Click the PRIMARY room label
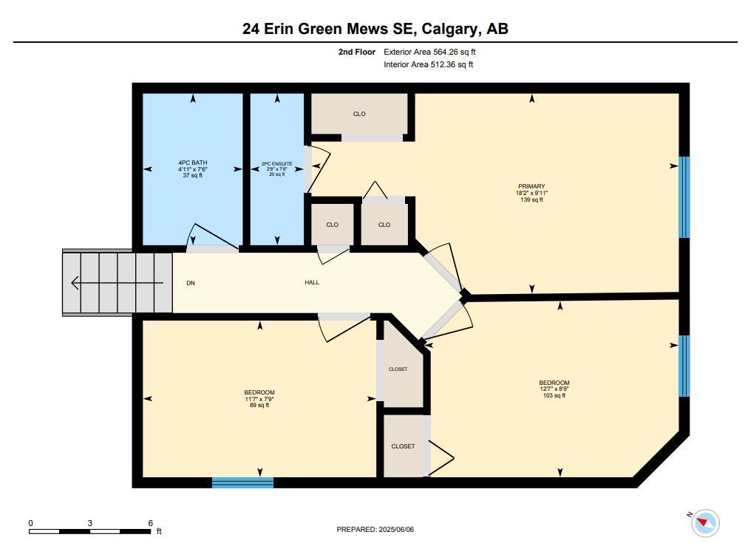(x=531, y=186)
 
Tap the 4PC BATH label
(x=192, y=163)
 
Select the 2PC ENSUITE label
(x=277, y=164)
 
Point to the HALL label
(x=312, y=282)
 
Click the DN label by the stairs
(x=191, y=283)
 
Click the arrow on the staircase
(x=117, y=283)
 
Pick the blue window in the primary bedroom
(x=684, y=197)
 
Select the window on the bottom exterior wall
(x=242, y=482)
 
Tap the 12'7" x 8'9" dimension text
(x=554, y=389)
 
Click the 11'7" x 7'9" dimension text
(x=259, y=399)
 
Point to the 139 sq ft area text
(x=531, y=199)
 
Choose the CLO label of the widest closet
(x=359, y=114)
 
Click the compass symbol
(x=704, y=522)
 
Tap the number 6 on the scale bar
(x=151, y=523)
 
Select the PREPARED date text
(x=375, y=529)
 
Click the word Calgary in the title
(x=450, y=29)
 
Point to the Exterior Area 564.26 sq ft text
(x=429, y=52)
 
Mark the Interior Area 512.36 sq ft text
(x=429, y=64)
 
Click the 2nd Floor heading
(x=357, y=52)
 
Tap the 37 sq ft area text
(x=192, y=175)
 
